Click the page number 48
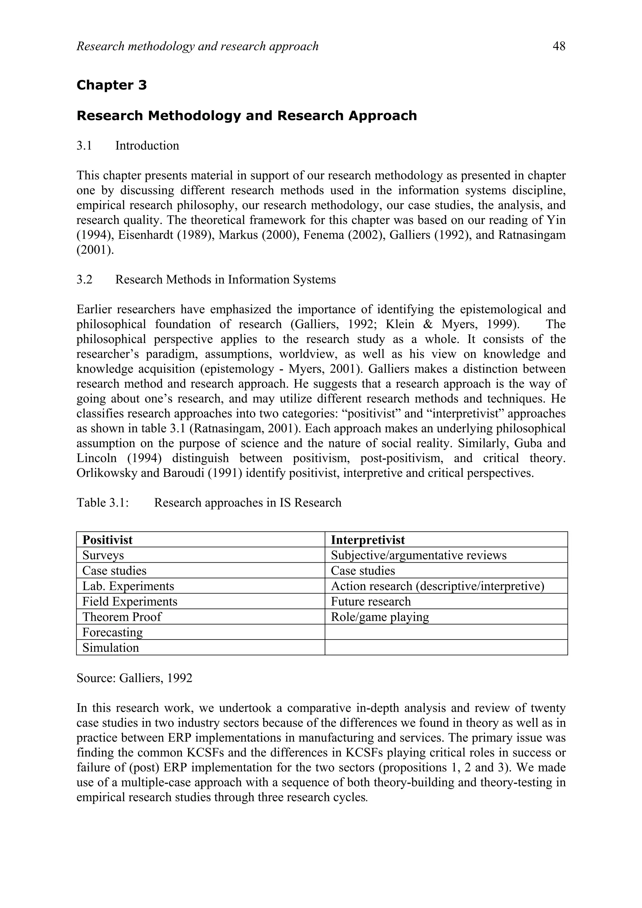pyautogui.click(x=559, y=47)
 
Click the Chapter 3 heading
pyautogui.click(x=112, y=85)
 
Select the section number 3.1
pyautogui.click(x=84, y=145)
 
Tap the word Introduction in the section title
pyautogui.click(x=147, y=145)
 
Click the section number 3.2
pyautogui.click(x=84, y=279)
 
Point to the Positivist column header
pyautogui.click(x=108, y=540)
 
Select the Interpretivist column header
pyautogui.click(x=368, y=540)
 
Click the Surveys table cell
pyautogui.click(x=103, y=555)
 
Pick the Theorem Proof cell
pyautogui.click(x=122, y=617)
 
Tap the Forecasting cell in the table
pyautogui.click(x=112, y=632)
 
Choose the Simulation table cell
pyautogui.click(x=111, y=648)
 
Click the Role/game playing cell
pyautogui.click(x=380, y=617)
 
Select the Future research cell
pyautogui.click(x=371, y=602)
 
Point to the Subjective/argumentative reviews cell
pyautogui.click(x=418, y=555)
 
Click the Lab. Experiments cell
pyautogui.click(x=128, y=586)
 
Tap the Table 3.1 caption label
pyautogui.click(x=103, y=503)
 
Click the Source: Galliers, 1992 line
pyautogui.click(x=134, y=678)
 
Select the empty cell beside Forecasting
pyautogui.click(x=446, y=632)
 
